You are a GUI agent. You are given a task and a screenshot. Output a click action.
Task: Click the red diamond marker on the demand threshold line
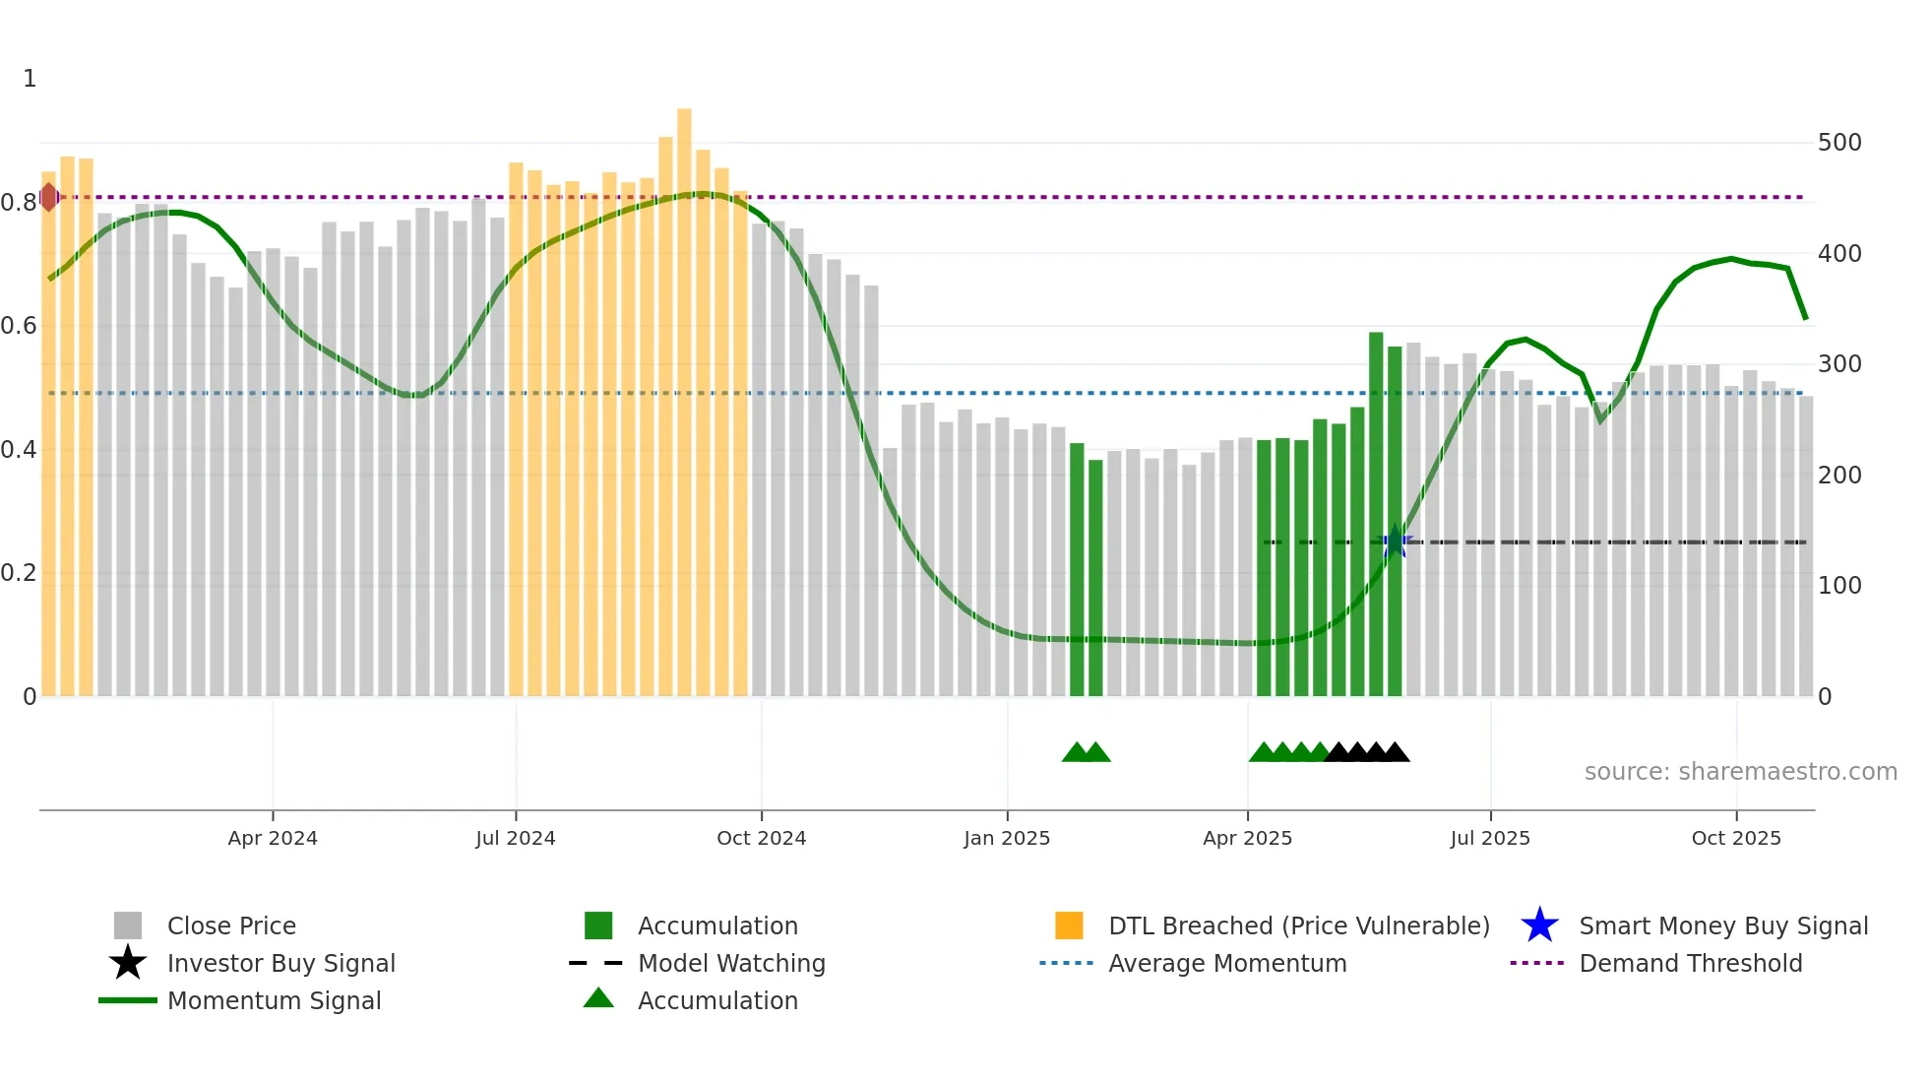pyautogui.click(x=48, y=197)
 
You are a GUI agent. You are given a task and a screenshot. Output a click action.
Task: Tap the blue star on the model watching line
pyautogui.click(x=1395, y=542)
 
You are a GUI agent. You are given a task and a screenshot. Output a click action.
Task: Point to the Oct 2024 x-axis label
pyautogui.click(x=761, y=838)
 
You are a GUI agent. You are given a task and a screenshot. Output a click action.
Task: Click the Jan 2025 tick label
pyautogui.click(x=1007, y=838)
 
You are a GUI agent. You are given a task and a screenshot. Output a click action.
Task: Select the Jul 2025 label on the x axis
pyautogui.click(x=1490, y=838)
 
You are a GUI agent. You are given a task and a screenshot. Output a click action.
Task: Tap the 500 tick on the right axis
pyautogui.click(x=1839, y=143)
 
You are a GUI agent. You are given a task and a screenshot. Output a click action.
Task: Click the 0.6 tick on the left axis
pyautogui.click(x=19, y=326)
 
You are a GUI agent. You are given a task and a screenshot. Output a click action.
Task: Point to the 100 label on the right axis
pyautogui.click(x=1839, y=586)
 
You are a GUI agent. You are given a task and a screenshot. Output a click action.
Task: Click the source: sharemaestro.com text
pyautogui.click(x=1740, y=772)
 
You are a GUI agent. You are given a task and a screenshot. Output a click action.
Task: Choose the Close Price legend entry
pyautogui.click(x=231, y=925)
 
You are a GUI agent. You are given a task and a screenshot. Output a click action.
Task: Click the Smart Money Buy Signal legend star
pyautogui.click(x=1539, y=925)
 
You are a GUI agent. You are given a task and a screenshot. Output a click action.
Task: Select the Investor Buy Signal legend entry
pyautogui.click(x=280, y=963)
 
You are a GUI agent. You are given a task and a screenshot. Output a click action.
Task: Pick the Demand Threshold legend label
pyautogui.click(x=1690, y=963)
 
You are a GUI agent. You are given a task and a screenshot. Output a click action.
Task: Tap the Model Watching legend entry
pyautogui.click(x=731, y=963)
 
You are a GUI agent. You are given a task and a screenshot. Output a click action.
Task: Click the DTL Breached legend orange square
pyautogui.click(x=1069, y=925)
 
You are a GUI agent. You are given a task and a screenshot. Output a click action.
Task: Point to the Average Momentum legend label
pyautogui.click(x=1227, y=963)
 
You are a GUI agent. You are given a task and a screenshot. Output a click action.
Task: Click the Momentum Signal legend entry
pyautogui.click(x=274, y=1000)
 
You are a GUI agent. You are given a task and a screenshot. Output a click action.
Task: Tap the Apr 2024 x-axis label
pyautogui.click(x=273, y=838)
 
